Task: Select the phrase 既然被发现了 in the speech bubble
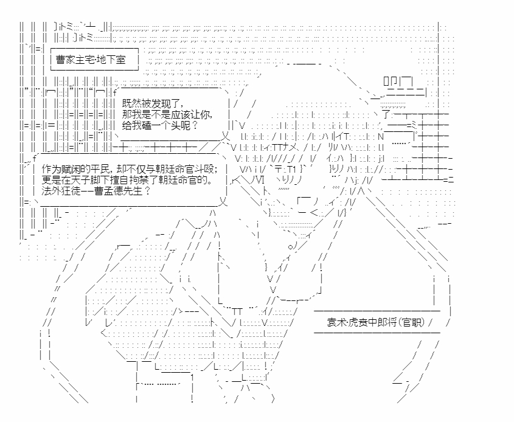[x=151, y=103]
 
